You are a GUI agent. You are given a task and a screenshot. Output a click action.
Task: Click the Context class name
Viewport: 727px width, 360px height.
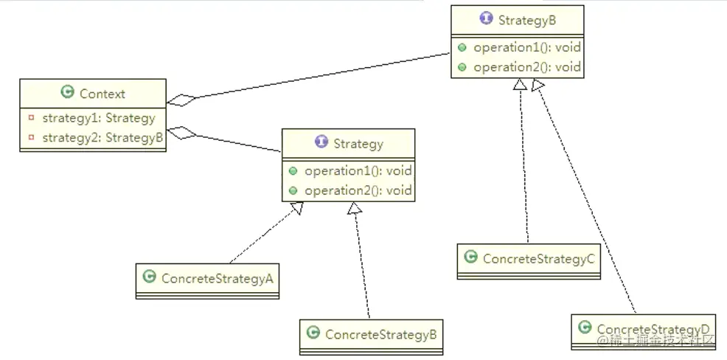click(x=102, y=94)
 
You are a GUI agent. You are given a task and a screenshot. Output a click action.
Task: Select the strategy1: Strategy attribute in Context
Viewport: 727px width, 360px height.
click(x=99, y=118)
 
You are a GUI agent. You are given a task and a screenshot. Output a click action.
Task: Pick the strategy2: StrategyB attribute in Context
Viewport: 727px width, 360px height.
click(x=102, y=137)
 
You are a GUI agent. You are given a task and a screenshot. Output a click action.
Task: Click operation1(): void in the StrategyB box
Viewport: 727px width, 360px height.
click(x=526, y=47)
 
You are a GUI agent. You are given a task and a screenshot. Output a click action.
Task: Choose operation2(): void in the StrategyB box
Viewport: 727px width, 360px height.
click(x=526, y=67)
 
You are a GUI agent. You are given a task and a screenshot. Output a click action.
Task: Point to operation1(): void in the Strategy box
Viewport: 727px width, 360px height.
click(x=358, y=170)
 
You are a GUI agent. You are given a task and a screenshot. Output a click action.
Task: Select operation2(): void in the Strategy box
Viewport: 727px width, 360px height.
click(x=358, y=190)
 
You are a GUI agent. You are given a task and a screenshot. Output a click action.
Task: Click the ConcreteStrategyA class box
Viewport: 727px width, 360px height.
click(x=207, y=279)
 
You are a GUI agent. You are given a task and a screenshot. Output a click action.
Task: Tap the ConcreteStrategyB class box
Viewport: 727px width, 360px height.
click(x=372, y=334)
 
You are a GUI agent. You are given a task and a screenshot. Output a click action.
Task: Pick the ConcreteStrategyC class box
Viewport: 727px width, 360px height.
click(x=529, y=259)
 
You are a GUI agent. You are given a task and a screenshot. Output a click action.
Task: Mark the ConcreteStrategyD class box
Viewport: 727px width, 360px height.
click(x=643, y=329)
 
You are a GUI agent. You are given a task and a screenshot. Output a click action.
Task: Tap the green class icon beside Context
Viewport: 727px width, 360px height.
click(x=68, y=93)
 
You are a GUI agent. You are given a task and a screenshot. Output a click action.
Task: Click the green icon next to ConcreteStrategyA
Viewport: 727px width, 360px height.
click(x=149, y=277)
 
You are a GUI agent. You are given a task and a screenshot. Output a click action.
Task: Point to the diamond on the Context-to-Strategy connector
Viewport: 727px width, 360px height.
click(x=181, y=134)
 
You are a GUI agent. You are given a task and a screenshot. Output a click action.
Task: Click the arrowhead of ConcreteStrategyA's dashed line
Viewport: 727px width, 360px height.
click(x=296, y=209)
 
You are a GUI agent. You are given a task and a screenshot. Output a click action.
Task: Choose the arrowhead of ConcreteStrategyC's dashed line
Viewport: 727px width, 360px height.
click(x=521, y=86)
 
